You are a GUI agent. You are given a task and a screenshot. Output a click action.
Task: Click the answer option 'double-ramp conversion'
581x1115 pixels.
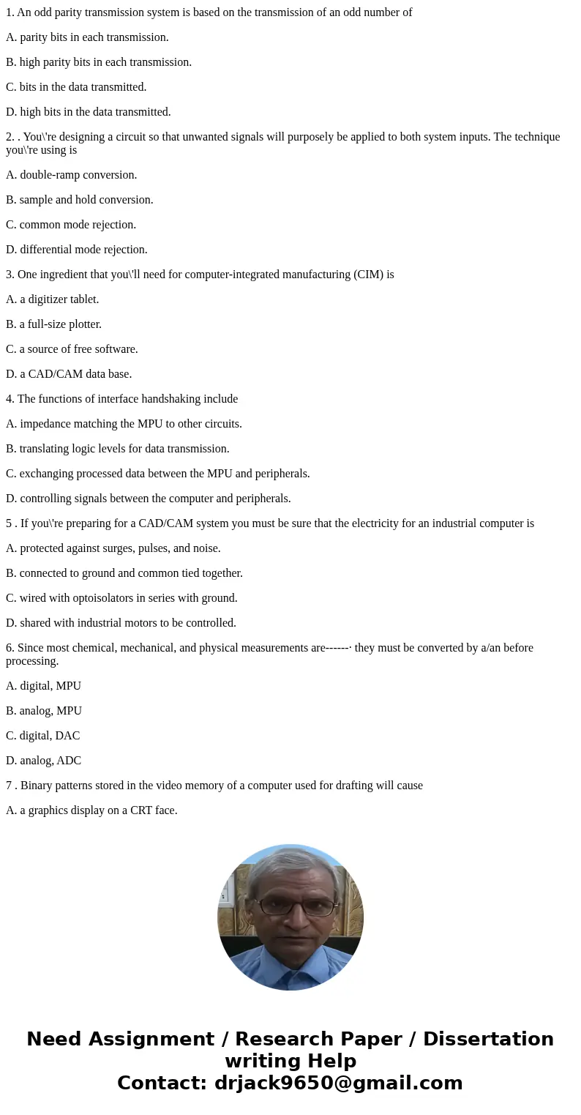72,175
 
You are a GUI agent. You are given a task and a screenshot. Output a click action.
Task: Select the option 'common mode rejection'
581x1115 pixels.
71,225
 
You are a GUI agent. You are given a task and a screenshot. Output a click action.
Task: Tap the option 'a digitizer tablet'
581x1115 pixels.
53,299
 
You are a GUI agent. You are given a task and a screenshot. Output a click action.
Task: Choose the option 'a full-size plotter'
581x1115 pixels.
53,324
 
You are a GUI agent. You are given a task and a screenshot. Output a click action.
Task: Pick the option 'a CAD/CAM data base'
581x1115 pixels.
69,374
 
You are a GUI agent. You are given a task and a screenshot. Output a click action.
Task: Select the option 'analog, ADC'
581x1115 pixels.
44,761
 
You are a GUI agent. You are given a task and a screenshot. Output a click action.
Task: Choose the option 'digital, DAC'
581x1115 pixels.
43,736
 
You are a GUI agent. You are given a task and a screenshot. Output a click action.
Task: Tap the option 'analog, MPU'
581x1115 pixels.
44,711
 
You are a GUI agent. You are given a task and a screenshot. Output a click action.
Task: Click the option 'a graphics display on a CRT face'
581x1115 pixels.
91,810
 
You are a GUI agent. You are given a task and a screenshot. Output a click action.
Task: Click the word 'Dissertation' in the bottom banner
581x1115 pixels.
488,1039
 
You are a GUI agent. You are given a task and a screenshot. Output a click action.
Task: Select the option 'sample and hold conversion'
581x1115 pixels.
80,200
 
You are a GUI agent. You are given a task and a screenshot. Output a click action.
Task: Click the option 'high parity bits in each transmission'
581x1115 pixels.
99,62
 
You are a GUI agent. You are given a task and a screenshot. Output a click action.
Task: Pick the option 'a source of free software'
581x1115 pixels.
72,349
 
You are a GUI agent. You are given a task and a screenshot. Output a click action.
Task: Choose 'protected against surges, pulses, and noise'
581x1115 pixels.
113,548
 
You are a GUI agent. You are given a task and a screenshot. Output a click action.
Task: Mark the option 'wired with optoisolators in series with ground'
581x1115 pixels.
121,598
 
